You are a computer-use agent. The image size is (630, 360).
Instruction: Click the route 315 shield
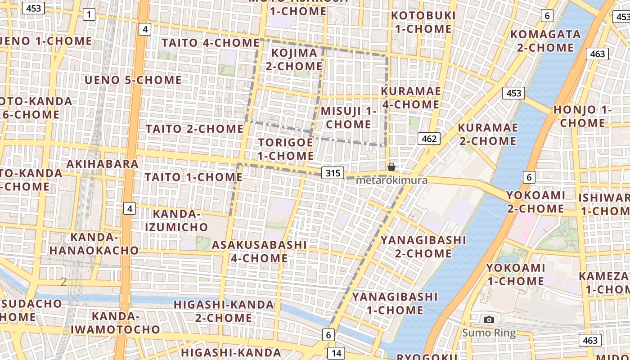pyautogui.click(x=333, y=173)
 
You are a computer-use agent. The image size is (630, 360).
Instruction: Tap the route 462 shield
pyautogui.click(x=429, y=139)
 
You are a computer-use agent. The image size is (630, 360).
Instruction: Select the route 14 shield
pyautogui.click(x=336, y=353)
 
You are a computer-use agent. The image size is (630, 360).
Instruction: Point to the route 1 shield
pyautogui.click(x=89, y=15)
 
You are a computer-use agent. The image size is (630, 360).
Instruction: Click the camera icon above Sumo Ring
pyautogui.click(x=489, y=319)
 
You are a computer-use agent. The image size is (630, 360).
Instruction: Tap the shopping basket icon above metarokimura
pyautogui.click(x=391, y=167)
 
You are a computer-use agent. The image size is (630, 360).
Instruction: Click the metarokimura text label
pyautogui.click(x=391, y=180)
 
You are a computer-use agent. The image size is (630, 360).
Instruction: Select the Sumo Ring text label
pyautogui.click(x=489, y=333)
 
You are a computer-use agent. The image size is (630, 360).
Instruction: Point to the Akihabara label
pyautogui.click(x=103, y=164)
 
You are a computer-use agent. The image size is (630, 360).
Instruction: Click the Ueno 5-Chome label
pyautogui.click(x=133, y=80)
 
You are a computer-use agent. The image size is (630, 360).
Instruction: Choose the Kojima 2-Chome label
pyautogui.click(x=294, y=59)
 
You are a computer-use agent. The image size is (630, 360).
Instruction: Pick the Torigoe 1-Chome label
pyautogui.click(x=286, y=149)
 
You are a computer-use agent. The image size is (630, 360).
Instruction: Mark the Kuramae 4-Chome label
pyautogui.click(x=410, y=98)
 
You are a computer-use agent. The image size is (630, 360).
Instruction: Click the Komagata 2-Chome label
pyautogui.click(x=545, y=40)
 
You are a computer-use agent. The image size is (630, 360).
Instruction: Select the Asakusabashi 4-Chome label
pyautogui.click(x=259, y=251)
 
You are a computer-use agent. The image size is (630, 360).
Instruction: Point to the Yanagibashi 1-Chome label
pyautogui.click(x=395, y=303)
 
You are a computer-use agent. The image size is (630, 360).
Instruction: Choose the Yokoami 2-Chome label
pyautogui.click(x=535, y=202)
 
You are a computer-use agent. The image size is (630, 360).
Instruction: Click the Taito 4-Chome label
pyautogui.click(x=211, y=43)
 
